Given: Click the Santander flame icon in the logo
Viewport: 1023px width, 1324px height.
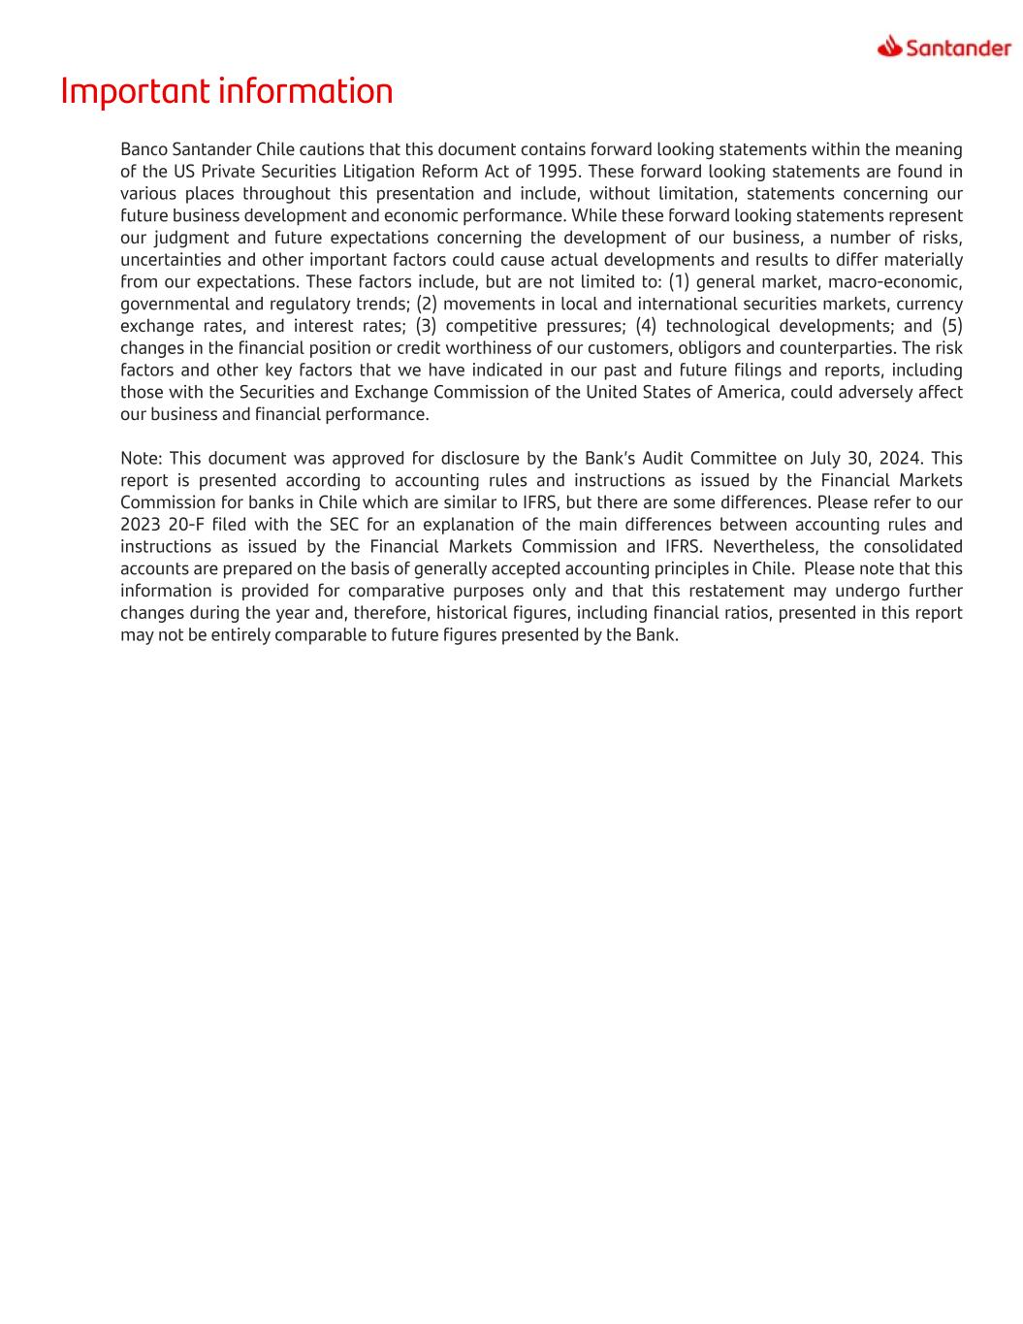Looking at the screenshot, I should coord(889,47).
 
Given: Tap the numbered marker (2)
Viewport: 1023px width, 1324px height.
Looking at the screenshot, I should coord(427,304).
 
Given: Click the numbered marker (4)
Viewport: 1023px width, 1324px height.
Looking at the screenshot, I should coord(646,326).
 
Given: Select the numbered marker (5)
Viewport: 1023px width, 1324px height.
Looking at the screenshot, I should coord(951,326).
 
